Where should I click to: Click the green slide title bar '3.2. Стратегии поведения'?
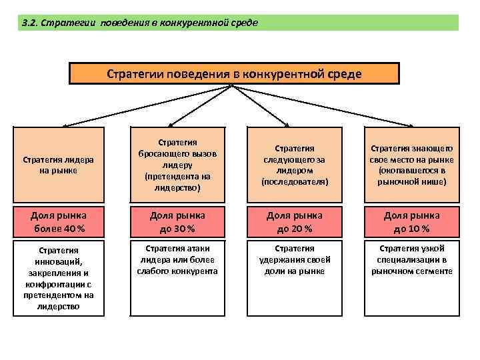coord(240,23)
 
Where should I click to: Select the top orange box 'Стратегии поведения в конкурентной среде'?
coord(234,73)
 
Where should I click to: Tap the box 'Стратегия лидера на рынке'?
coord(58,165)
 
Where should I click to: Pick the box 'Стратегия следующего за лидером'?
coord(295,165)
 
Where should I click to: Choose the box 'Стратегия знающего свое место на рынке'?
coord(412,165)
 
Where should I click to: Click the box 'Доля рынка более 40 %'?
coord(58,222)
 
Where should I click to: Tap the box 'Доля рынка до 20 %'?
coord(295,222)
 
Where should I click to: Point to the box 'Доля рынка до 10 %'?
coord(412,222)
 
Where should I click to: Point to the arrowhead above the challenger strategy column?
coord(169,123)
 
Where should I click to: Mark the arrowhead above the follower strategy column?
coord(287,123)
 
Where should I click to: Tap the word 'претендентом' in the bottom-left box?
coord(58,295)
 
